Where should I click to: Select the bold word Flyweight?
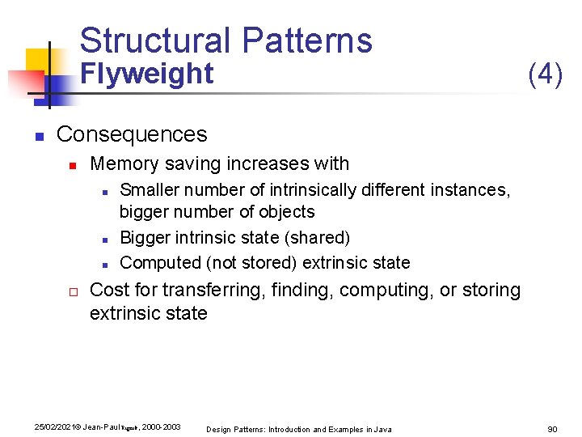pyautogui.click(x=149, y=74)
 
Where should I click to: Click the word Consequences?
pyautogui.click(x=132, y=134)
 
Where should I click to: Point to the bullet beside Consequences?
pyautogui.click(x=38, y=135)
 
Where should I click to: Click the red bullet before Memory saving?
pyautogui.click(x=71, y=165)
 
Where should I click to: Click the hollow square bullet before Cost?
pyautogui.click(x=71, y=291)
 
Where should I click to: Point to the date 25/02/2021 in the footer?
pyautogui.click(x=51, y=426)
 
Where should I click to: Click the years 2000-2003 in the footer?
pyautogui.click(x=161, y=426)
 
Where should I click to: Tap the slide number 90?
pyautogui.click(x=552, y=429)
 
